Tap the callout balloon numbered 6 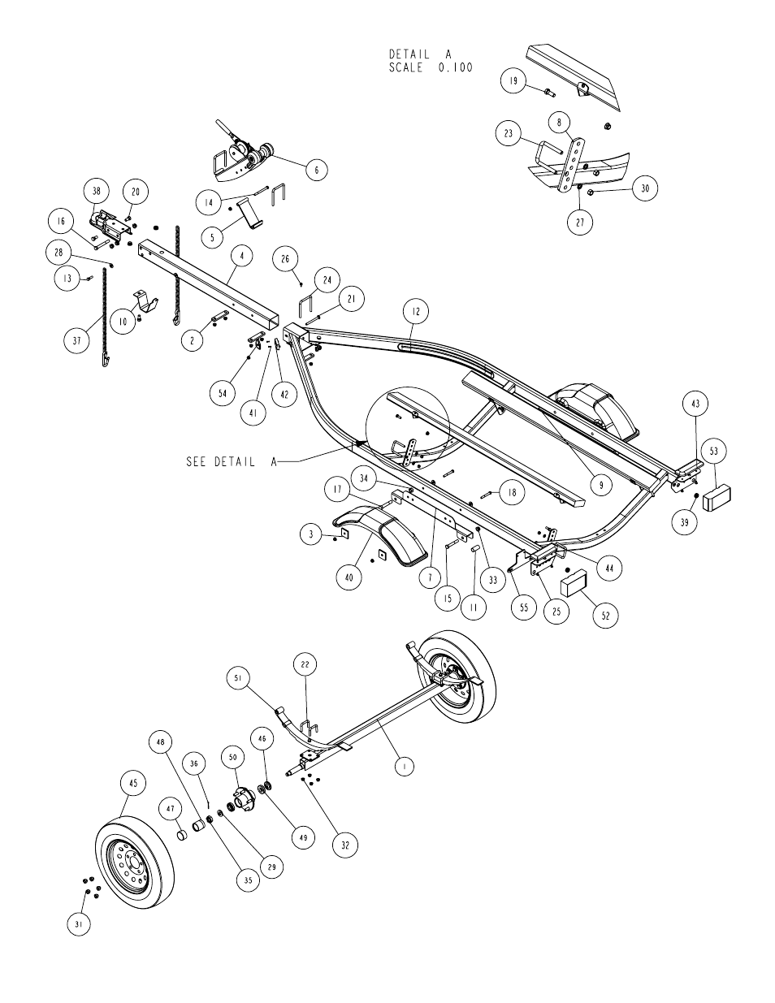[317, 170]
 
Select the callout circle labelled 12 [416, 312]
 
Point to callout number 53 [714, 451]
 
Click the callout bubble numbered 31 [79, 924]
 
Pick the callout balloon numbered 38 [97, 191]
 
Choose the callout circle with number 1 [405, 767]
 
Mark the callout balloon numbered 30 [645, 188]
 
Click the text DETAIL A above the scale [421, 54]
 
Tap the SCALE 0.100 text [431, 68]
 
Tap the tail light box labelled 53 [717, 497]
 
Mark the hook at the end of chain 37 [106, 358]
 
